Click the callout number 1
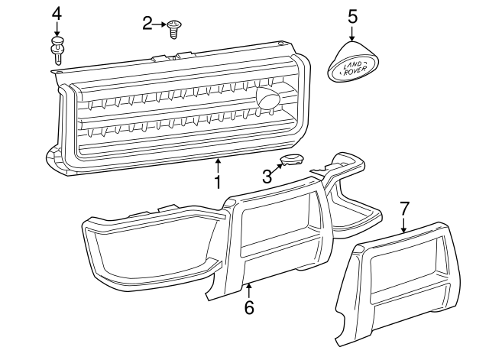click(x=217, y=183)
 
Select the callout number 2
click(x=147, y=24)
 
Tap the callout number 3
click(x=267, y=177)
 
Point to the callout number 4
click(x=57, y=13)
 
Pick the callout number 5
click(x=352, y=15)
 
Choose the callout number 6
click(x=248, y=308)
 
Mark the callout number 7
click(x=405, y=207)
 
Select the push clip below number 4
click(x=57, y=50)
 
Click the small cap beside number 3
click(x=291, y=161)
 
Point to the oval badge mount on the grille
click(x=267, y=98)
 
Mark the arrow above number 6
click(x=248, y=289)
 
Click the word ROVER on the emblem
click(x=357, y=72)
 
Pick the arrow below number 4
click(x=57, y=29)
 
